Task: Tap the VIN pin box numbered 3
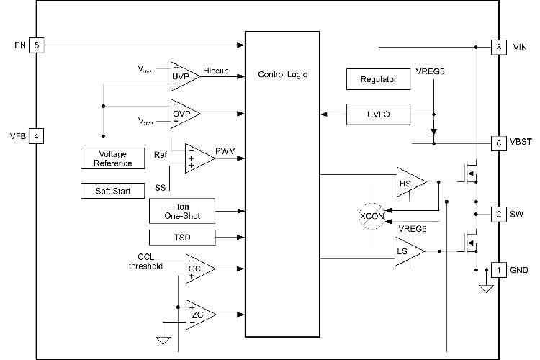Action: (x=498, y=48)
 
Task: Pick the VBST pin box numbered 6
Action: (x=498, y=143)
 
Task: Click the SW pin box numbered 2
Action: (x=498, y=214)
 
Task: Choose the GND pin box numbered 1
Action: (x=498, y=271)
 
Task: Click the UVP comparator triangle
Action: (x=182, y=75)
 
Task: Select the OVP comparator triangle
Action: (x=182, y=114)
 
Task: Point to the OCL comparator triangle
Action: (x=198, y=268)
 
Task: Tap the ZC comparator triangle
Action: (x=198, y=314)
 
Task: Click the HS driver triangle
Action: (x=408, y=183)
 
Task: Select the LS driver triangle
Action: (x=408, y=251)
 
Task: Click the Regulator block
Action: (x=379, y=79)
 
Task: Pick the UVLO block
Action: (x=379, y=114)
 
